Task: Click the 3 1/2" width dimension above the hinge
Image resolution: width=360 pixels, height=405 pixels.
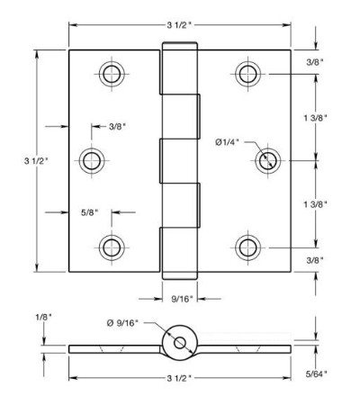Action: tap(179, 25)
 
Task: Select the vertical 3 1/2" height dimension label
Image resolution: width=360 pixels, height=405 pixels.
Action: tap(36, 161)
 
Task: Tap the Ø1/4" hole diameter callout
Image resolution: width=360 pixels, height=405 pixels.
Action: tap(228, 142)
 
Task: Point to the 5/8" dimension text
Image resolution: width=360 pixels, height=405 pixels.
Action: tap(90, 212)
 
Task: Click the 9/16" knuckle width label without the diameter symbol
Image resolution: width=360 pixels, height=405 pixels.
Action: tap(183, 299)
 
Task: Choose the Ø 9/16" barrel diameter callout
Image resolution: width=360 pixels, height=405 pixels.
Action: tap(122, 323)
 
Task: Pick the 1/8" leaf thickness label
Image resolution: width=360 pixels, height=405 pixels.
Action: tap(44, 317)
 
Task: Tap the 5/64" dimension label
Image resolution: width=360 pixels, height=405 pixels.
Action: tap(317, 373)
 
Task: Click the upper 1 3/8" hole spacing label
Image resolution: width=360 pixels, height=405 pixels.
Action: tap(315, 118)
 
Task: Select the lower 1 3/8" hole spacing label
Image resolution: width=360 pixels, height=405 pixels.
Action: tap(315, 204)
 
